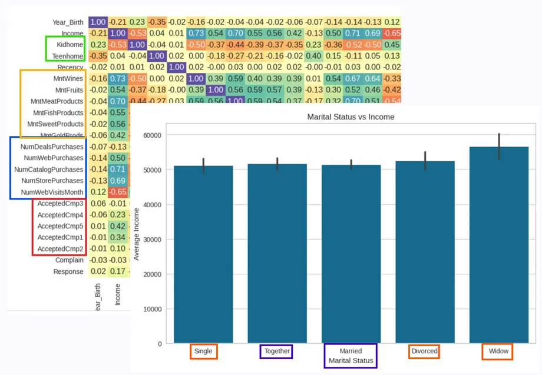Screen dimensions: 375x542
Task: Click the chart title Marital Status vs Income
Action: [351, 117]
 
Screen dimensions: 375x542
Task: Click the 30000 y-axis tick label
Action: [151, 240]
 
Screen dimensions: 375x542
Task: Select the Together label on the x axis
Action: [277, 351]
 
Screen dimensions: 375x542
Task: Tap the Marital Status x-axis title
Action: [351, 360]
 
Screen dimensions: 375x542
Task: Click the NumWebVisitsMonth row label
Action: [52, 192]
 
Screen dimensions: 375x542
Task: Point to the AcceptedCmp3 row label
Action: [60, 204]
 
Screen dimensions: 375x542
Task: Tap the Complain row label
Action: [70, 260]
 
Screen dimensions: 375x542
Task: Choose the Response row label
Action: [68, 271]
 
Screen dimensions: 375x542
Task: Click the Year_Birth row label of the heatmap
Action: [67, 22]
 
